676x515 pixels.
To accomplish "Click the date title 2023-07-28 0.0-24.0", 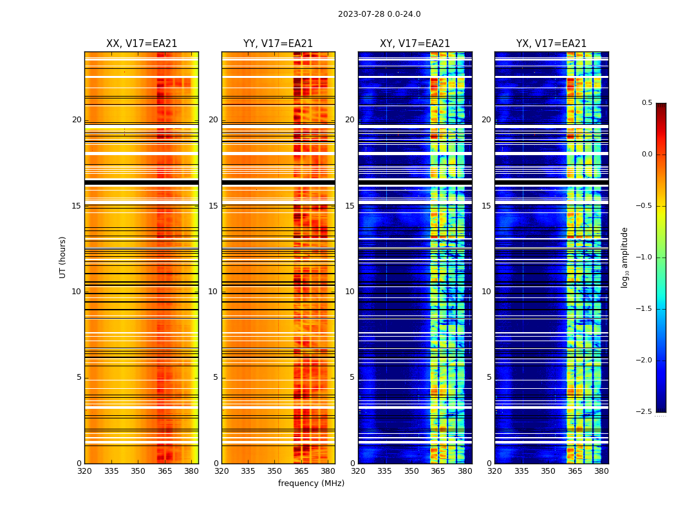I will point(379,14).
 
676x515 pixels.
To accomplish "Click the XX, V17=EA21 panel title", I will point(142,44).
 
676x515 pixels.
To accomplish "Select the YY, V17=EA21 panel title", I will point(278,44).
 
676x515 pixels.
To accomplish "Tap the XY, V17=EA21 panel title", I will point(415,44).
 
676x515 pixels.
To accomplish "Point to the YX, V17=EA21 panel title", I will point(551,44).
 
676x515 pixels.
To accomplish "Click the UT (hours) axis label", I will point(62,257).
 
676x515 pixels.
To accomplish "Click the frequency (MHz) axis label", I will point(311,483).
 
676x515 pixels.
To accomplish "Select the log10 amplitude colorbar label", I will point(624,257).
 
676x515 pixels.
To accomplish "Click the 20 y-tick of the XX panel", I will point(77,120).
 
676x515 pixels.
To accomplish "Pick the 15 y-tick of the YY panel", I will point(213,206).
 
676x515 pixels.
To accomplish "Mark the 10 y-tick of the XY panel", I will point(350,292).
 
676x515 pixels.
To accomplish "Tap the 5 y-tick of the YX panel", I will point(489,377).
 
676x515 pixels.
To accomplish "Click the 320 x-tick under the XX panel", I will point(84,471).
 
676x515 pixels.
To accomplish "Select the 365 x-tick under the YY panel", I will point(301,471).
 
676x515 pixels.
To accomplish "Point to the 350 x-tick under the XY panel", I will point(411,471).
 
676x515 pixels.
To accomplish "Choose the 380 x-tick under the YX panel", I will point(601,471).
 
